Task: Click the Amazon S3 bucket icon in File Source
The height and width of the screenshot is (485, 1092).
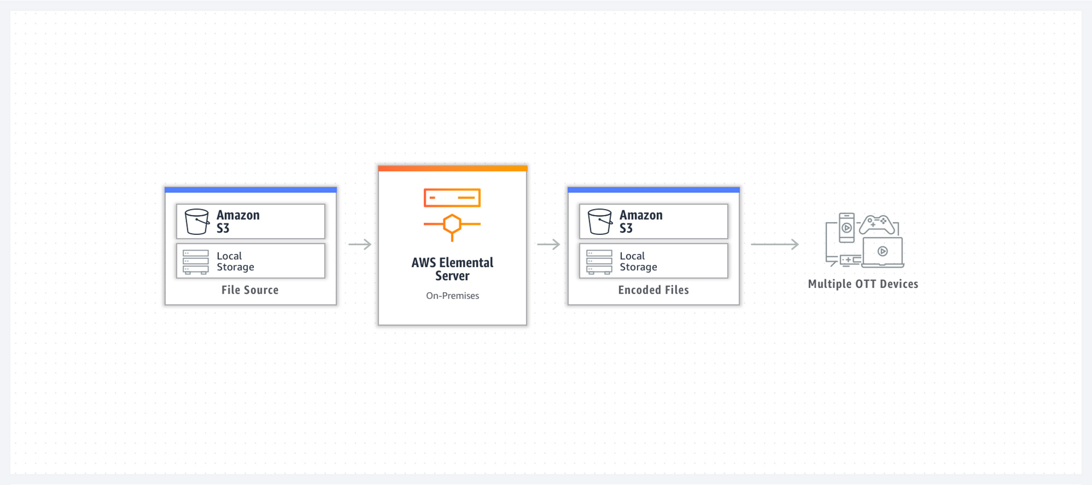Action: (x=197, y=221)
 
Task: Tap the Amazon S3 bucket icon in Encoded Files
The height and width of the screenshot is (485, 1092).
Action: (x=600, y=221)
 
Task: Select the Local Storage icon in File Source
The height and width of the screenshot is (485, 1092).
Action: (x=195, y=262)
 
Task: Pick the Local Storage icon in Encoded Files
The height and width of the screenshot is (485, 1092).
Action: (x=599, y=262)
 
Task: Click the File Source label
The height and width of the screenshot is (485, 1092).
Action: (x=250, y=290)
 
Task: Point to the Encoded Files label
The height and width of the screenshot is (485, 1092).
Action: (x=654, y=290)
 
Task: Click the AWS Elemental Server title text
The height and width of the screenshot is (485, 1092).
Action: (x=452, y=269)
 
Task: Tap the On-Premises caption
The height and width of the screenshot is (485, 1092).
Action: (x=453, y=295)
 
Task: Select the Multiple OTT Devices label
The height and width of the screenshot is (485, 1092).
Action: (x=863, y=284)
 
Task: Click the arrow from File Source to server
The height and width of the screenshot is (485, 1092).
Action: (x=360, y=244)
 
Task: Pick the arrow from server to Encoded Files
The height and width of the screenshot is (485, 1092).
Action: (x=549, y=244)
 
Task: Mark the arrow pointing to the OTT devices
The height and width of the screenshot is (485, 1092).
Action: (x=775, y=244)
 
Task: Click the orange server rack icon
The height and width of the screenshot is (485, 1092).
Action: (x=452, y=198)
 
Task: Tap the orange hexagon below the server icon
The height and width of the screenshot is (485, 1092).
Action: (x=452, y=224)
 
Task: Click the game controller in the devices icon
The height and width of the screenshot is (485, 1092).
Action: (x=877, y=224)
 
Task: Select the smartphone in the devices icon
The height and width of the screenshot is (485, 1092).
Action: (x=846, y=228)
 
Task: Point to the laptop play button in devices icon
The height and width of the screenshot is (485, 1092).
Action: (x=882, y=251)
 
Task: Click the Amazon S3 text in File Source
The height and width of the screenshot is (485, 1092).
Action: (x=238, y=222)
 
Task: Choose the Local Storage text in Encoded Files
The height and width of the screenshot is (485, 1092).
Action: (x=638, y=262)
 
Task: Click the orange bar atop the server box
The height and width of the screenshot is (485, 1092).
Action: (x=453, y=168)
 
